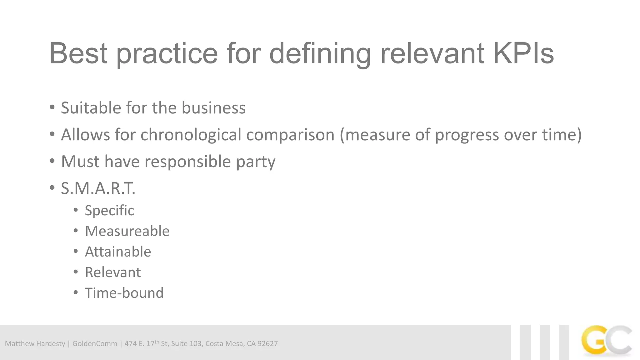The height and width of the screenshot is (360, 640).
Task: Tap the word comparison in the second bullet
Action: (x=290, y=135)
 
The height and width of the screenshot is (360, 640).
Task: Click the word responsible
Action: (x=187, y=162)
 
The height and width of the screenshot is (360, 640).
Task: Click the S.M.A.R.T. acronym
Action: (x=98, y=188)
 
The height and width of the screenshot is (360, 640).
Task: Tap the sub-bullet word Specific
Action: (x=109, y=210)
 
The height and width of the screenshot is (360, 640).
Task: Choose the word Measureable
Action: (x=127, y=231)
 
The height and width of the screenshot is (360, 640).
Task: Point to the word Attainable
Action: (x=118, y=252)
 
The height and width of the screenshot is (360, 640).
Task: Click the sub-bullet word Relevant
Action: (x=113, y=272)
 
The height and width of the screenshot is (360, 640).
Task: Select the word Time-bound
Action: (x=124, y=293)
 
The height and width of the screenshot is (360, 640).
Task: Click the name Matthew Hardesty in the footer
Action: (x=35, y=344)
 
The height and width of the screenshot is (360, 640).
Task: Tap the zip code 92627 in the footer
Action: (x=267, y=344)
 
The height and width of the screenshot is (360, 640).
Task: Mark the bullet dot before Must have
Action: (x=52, y=161)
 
